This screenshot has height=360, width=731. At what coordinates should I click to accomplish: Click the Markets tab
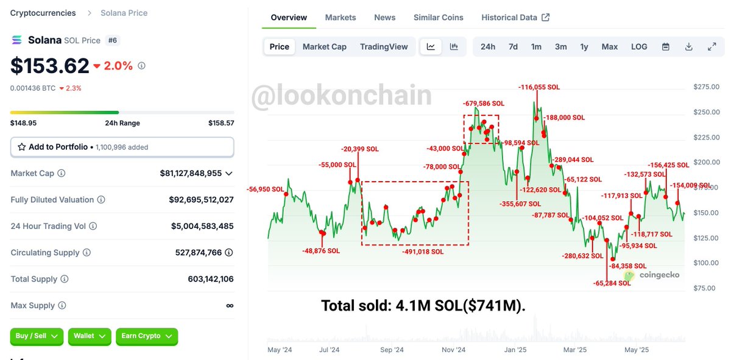(x=341, y=18)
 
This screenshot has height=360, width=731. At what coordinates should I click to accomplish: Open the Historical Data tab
(x=515, y=18)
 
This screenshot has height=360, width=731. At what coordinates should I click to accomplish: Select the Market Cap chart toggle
(x=324, y=47)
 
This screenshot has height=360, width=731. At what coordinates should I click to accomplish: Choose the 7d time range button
(x=513, y=47)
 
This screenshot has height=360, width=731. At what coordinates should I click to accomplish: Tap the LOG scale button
(x=639, y=47)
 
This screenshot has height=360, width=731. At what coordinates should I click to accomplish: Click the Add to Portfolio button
(x=122, y=147)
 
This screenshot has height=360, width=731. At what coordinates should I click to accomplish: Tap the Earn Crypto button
(x=146, y=336)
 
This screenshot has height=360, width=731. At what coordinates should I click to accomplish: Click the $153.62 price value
(x=49, y=66)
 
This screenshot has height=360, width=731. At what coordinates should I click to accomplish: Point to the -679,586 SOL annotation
(x=484, y=104)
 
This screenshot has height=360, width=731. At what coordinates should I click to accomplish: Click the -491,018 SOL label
(x=423, y=251)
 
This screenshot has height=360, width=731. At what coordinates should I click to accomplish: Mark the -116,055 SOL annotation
(x=539, y=88)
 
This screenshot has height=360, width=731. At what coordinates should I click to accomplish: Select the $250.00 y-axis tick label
(x=706, y=112)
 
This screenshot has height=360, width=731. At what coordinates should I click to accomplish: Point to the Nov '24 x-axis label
(x=454, y=350)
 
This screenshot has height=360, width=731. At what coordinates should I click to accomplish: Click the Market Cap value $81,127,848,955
(x=191, y=173)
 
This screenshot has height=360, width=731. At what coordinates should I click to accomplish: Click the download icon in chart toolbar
(x=689, y=47)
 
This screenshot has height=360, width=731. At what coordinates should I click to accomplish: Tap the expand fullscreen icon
(x=712, y=47)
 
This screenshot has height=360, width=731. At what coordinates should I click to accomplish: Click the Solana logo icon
(x=16, y=40)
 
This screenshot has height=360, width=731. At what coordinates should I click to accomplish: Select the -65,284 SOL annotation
(x=612, y=283)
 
